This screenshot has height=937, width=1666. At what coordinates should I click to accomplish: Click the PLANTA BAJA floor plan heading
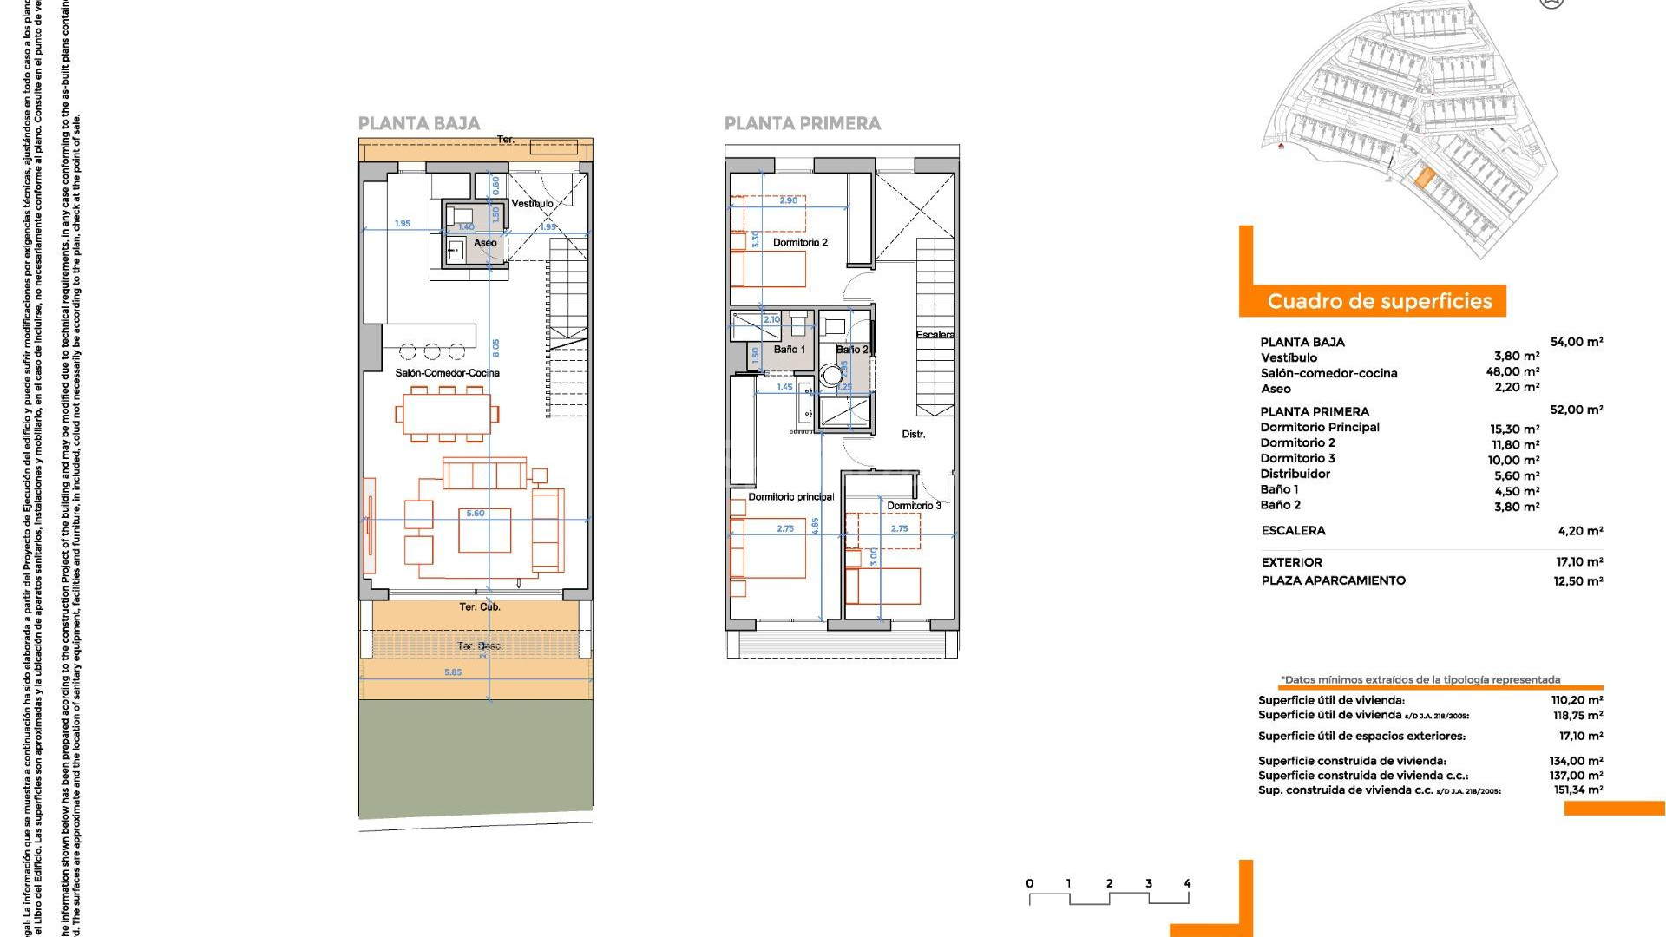coord(419,123)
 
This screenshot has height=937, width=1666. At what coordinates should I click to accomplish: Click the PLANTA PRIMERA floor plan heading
coord(802,123)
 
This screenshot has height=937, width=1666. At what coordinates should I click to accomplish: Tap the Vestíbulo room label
coord(532,203)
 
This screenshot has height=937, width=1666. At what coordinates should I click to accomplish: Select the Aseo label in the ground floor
coord(485,243)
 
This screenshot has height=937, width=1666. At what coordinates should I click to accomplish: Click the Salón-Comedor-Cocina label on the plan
coord(447,373)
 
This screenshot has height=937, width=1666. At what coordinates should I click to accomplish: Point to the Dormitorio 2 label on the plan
coord(800,243)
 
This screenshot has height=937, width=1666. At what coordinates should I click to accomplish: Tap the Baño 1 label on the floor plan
coord(789,350)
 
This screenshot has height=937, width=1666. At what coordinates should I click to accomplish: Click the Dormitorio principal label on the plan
coord(790,497)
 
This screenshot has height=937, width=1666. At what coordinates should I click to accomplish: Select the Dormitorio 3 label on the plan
coord(913,506)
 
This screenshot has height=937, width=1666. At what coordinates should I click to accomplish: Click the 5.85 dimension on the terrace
coord(453,672)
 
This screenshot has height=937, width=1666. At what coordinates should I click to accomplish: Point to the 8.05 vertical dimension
coord(495,348)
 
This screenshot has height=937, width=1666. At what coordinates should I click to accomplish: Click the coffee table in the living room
coord(484,531)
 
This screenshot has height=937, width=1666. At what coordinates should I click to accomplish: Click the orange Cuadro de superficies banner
coord(1379,301)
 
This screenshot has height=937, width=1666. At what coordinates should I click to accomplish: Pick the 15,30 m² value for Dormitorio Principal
coord(1514,429)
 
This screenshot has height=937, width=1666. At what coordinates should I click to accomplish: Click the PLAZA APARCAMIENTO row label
coord(1333,580)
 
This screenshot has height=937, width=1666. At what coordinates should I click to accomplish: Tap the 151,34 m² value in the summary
coord(1577,790)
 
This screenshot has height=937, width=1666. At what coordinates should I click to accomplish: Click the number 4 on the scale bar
coord(1187,884)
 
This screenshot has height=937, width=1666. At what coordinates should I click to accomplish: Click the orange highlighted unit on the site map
coord(1424,178)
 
